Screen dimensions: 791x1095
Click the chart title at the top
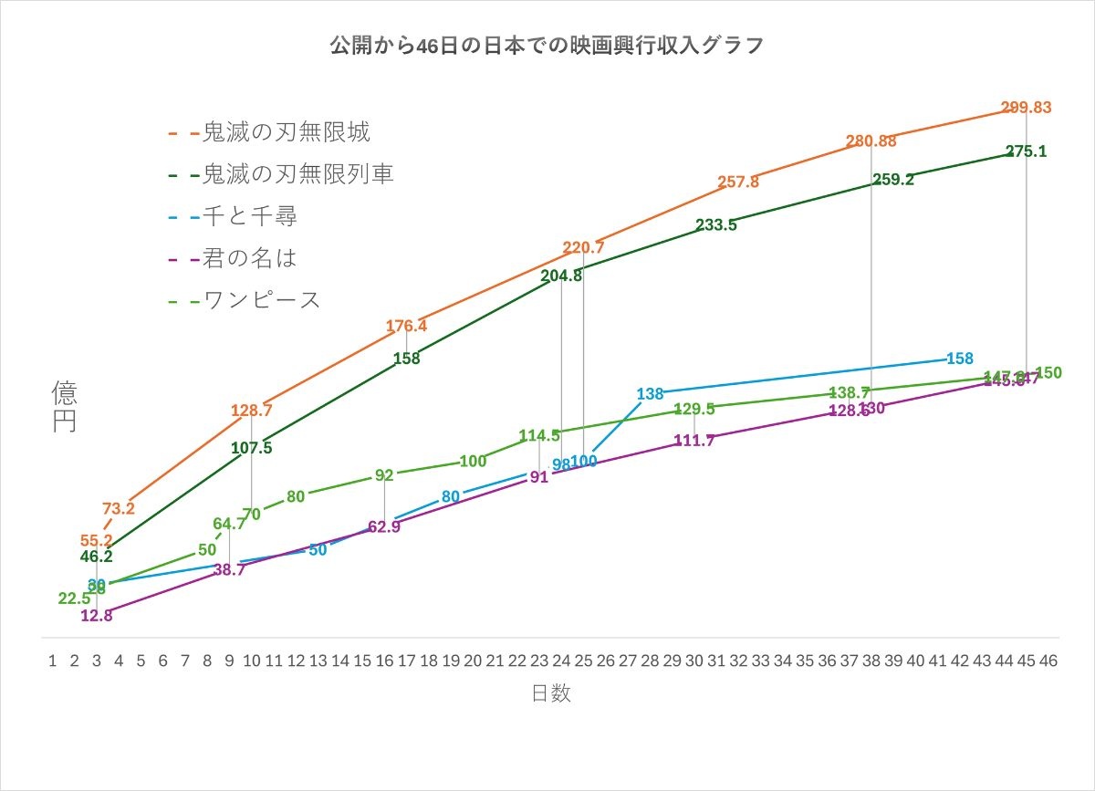pyautogui.click(x=547, y=47)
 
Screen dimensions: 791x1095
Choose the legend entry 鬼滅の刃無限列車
pyautogui.click(x=297, y=174)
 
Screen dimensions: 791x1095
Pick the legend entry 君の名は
pyautogui.click(x=249, y=258)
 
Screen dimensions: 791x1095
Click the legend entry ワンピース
pyautogui.click(x=261, y=300)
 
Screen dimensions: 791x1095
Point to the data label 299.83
pyautogui.click(x=1026, y=108)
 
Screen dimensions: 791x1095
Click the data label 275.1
pyautogui.click(x=1026, y=151)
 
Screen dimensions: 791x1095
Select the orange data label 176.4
pyautogui.click(x=406, y=326)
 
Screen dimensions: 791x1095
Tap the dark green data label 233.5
pyautogui.click(x=716, y=224)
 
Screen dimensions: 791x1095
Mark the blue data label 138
pyautogui.click(x=650, y=394)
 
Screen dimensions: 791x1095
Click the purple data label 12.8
pyautogui.click(x=96, y=616)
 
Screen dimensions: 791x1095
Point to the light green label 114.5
pyautogui.click(x=538, y=436)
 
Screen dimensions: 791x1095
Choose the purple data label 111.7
pyautogui.click(x=693, y=441)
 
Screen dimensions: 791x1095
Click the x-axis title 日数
pyautogui.click(x=551, y=693)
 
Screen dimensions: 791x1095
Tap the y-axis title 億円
pyautogui.click(x=64, y=406)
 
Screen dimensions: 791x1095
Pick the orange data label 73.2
pyautogui.click(x=119, y=508)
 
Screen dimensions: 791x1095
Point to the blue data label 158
pyautogui.click(x=960, y=359)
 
